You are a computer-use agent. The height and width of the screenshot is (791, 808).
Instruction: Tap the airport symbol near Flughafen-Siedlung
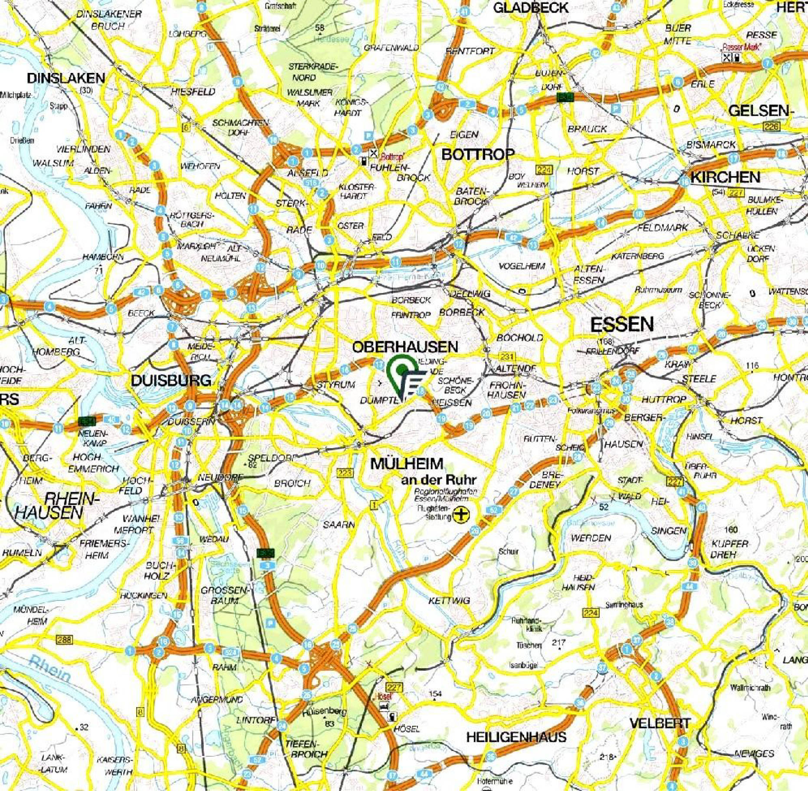point(461,515)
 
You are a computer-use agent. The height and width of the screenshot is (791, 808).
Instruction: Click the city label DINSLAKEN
point(66,78)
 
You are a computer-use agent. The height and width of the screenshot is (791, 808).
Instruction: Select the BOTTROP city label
point(478,154)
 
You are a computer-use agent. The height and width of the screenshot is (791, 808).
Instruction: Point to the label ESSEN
point(622,324)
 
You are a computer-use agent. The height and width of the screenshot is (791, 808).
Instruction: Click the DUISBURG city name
point(171,381)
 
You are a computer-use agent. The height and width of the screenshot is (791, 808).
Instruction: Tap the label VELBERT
point(660,723)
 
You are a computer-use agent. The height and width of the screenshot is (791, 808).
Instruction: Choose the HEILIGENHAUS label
point(516,737)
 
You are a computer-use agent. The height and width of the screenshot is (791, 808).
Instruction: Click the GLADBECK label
point(531,7)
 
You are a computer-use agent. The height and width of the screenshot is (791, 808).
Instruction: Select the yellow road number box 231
point(507,356)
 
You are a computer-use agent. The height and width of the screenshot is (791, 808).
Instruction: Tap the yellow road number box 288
point(64,640)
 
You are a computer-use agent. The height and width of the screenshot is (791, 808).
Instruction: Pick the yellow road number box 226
point(771,126)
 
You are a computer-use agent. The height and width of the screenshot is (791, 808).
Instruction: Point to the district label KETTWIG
point(449,600)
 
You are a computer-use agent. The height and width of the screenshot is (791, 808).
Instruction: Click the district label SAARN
point(338,524)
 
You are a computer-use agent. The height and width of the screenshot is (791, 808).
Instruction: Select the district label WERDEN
point(591,538)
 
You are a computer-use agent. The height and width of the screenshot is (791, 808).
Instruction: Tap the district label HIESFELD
point(193,92)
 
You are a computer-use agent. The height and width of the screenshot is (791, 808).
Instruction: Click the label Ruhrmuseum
point(658,290)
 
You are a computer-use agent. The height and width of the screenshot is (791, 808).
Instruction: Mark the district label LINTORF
point(255,720)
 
